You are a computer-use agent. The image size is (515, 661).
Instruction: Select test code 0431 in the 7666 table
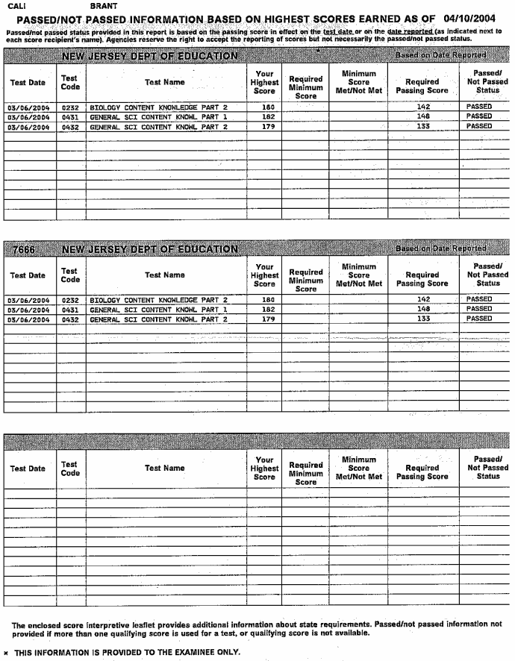70,309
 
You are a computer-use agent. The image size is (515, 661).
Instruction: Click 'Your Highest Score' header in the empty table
264,469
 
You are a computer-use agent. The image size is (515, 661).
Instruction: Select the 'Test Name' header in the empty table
164,469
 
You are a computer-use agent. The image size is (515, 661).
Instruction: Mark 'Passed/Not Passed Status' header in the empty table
487,468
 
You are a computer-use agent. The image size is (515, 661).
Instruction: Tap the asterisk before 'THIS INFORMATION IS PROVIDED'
6,652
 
